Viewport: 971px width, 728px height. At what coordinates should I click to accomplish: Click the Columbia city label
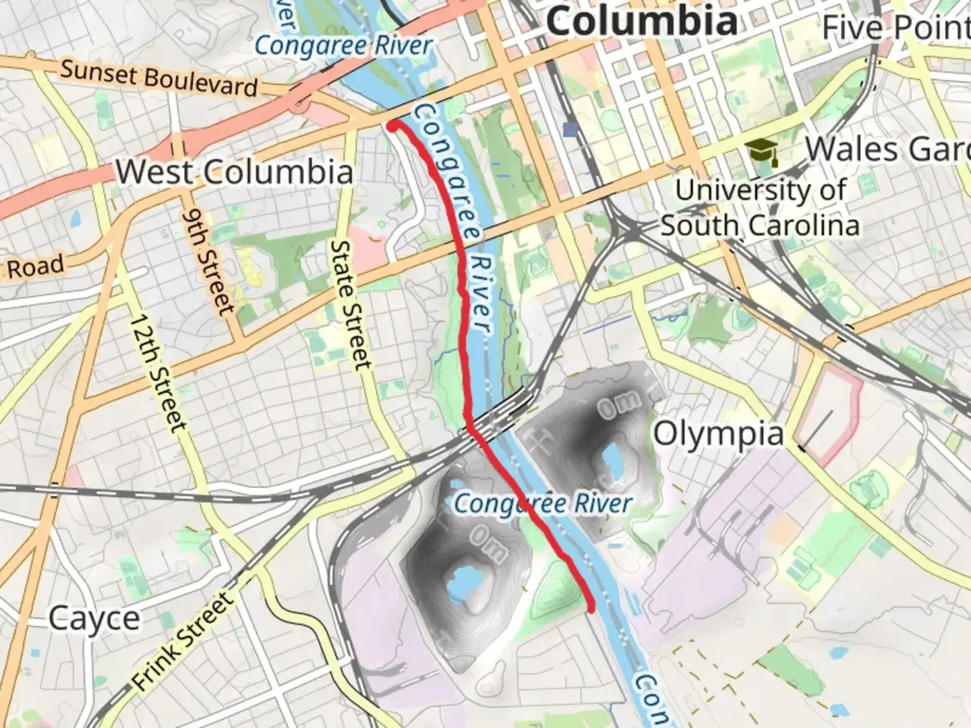point(641,22)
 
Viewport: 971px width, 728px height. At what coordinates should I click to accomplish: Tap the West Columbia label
point(234,172)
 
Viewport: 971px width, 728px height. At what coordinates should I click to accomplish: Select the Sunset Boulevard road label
point(159,79)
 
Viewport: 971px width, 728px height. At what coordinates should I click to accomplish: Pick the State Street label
point(350,305)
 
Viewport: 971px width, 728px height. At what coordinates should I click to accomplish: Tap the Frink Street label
point(183,640)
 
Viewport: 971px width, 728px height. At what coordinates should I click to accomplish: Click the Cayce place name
point(94,619)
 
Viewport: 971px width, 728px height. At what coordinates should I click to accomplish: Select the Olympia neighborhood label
point(718,433)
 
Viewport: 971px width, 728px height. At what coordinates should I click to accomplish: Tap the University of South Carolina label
point(760,208)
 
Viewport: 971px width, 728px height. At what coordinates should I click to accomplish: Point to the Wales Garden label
point(887,149)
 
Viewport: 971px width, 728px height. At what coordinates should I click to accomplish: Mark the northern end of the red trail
point(391,125)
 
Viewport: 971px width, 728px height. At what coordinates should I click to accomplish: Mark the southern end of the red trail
point(591,609)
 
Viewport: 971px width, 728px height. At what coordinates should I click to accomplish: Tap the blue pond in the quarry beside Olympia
point(615,463)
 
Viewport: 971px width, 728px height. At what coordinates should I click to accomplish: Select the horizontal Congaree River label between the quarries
point(543,503)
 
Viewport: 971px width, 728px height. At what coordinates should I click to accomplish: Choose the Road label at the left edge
point(36,267)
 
